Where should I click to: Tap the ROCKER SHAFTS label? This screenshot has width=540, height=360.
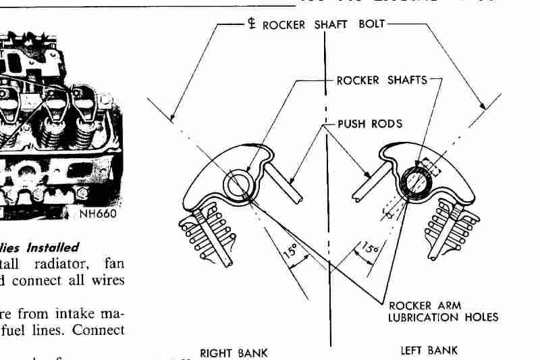click(x=381, y=80)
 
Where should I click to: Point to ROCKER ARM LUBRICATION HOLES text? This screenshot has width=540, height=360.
click(x=443, y=311)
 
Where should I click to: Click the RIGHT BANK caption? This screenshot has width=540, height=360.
click(x=234, y=351)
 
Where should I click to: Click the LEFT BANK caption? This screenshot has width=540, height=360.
click(x=429, y=350)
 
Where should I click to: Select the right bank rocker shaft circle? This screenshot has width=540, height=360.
click(x=238, y=184)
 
